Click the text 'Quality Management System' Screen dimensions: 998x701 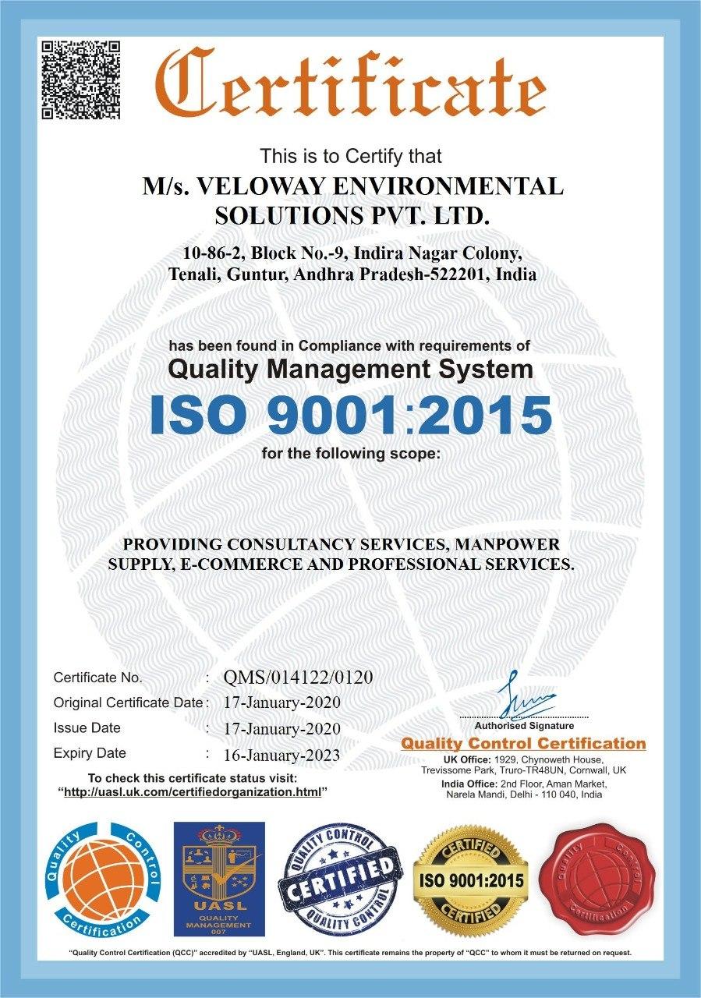(x=351, y=369)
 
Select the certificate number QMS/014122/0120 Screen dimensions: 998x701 (x=298, y=677)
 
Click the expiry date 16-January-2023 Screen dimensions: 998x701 (x=281, y=755)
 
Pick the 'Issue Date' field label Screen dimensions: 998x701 (x=87, y=728)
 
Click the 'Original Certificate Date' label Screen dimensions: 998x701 (x=128, y=702)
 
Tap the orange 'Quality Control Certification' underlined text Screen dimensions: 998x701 (x=523, y=744)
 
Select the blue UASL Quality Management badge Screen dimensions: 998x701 (x=218, y=879)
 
